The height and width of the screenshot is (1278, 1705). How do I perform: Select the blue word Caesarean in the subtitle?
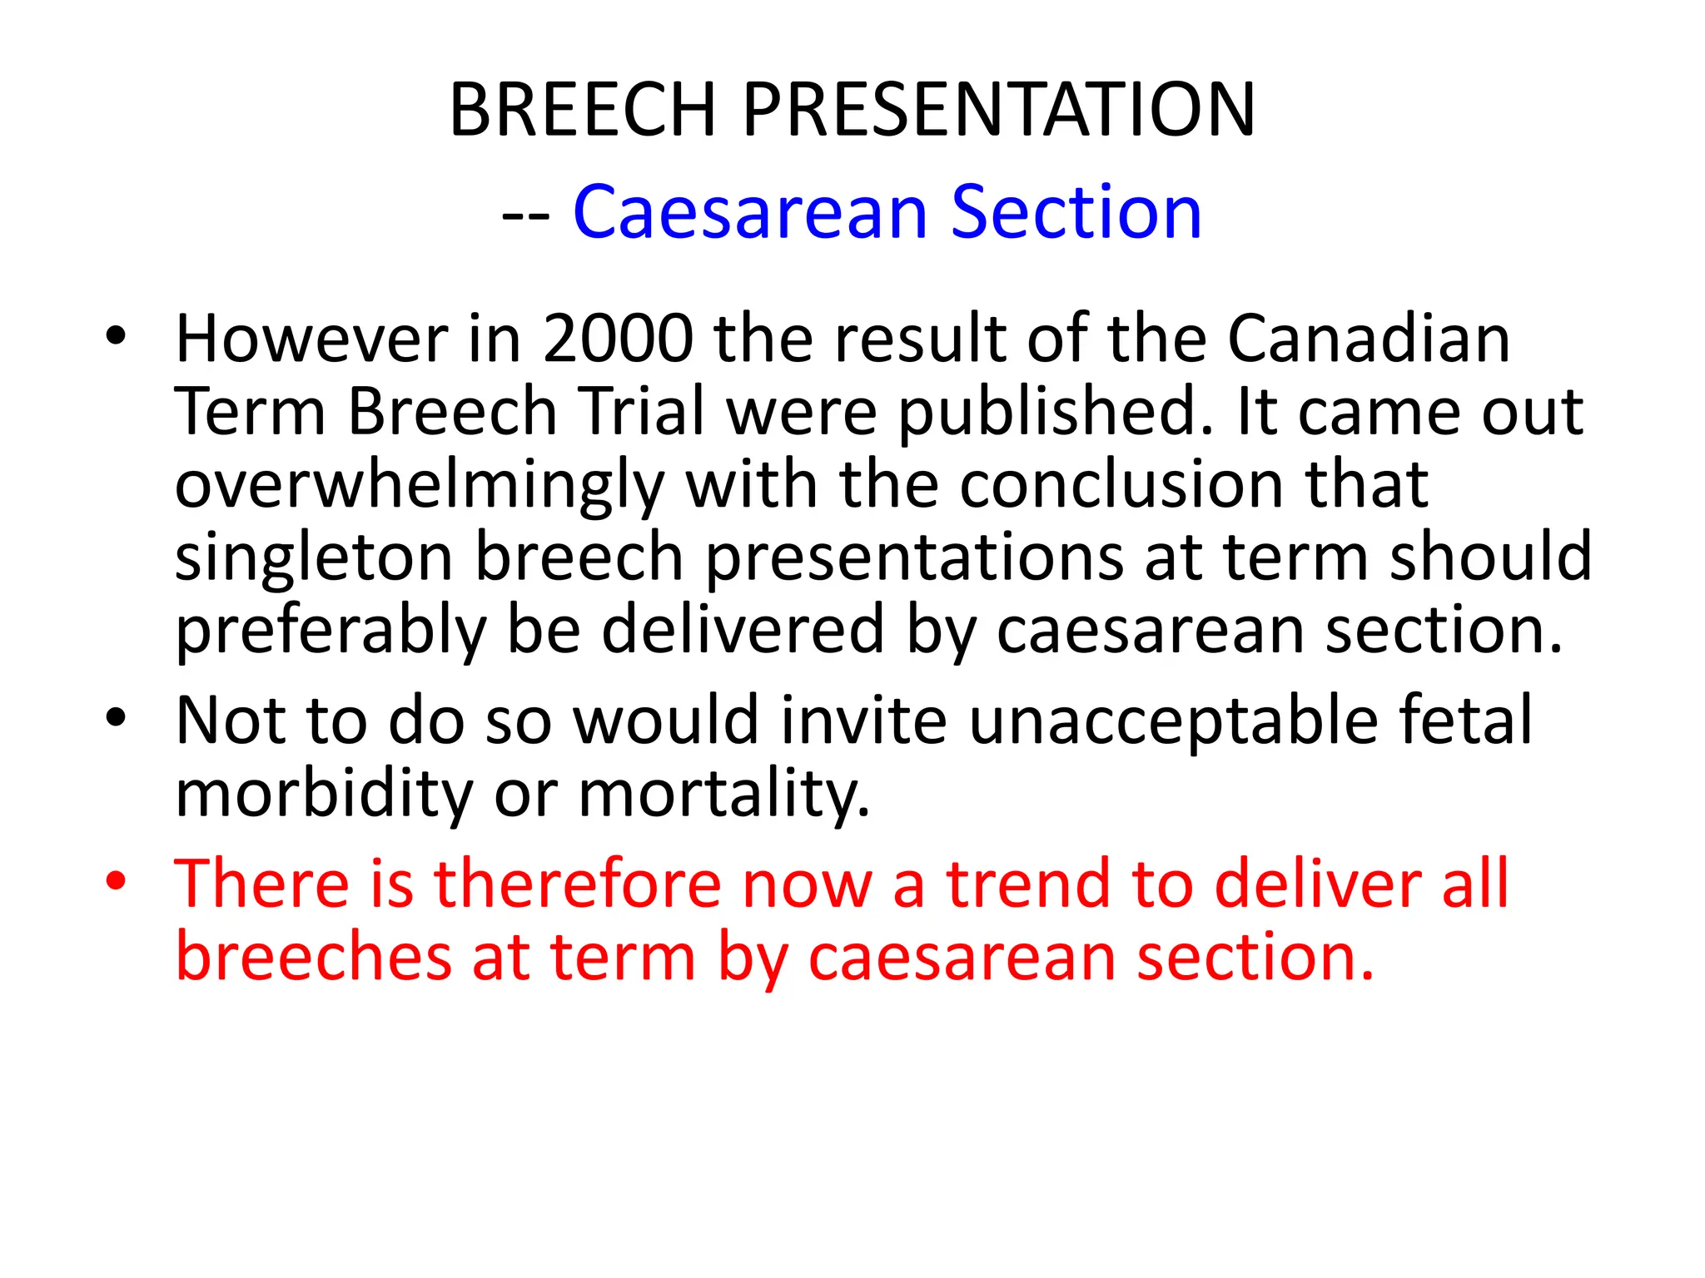pyautogui.click(x=750, y=213)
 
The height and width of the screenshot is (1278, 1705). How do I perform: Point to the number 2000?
pyautogui.click(x=618, y=339)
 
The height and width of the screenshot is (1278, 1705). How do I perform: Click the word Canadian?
pyautogui.click(x=1369, y=339)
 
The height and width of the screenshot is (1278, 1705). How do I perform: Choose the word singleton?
pyautogui.click(x=314, y=558)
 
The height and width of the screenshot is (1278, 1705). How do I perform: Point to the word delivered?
pyautogui.click(x=743, y=630)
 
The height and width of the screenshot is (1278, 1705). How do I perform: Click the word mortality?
pyautogui.click(x=724, y=794)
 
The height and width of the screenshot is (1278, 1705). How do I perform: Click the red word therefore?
pyautogui.click(x=578, y=884)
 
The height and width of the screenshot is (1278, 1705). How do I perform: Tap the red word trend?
pyautogui.click(x=1028, y=884)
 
